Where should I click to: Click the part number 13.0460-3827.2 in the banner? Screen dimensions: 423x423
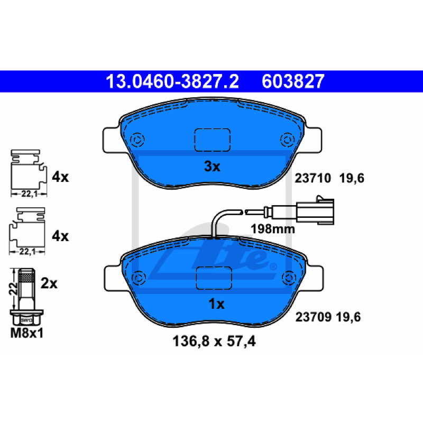click(x=172, y=81)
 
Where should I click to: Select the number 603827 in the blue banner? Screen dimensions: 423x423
click(x=293, y=81)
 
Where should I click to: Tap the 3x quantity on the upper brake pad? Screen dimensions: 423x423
click(x=212, y=166)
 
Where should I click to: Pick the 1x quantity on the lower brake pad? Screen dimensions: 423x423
click(x=216, y=304)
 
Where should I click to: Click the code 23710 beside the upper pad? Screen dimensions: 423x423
click(x=312, y=178)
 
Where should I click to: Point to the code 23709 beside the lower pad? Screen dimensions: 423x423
click(x=314, y=317)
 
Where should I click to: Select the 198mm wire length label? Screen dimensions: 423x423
click(x=273, y=229)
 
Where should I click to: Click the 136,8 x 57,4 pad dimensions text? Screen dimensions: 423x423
click(x=214, y=341)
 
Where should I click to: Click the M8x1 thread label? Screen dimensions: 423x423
click(x=27, y=333)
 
